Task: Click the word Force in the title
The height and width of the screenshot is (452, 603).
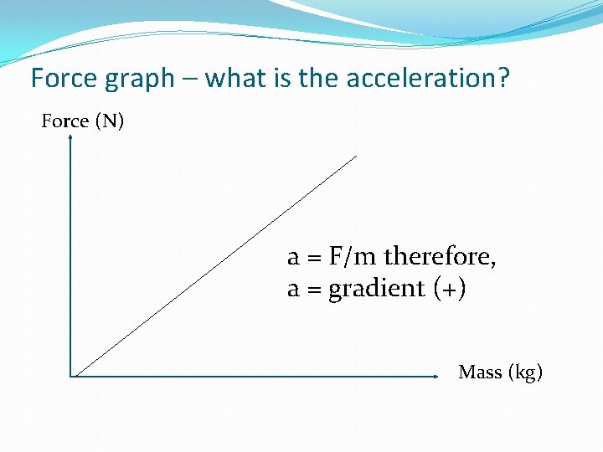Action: (64, 79)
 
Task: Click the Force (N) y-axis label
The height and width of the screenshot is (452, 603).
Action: (83, 121)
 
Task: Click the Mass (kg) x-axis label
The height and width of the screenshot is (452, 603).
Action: (500, 372)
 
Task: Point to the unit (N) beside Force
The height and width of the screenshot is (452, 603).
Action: (109, 121)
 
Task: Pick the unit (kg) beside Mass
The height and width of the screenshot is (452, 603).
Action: (525, 373)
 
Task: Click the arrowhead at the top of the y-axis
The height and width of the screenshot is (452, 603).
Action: (70, 139)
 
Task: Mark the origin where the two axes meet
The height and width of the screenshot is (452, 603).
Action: (71, 377)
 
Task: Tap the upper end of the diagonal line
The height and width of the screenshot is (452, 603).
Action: (356, 156)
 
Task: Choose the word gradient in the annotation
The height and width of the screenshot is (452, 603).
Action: (377, 290)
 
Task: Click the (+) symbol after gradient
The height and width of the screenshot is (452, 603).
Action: (451, 289)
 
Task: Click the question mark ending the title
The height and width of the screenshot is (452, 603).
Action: (503, 79)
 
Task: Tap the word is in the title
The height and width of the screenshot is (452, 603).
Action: (277, 79)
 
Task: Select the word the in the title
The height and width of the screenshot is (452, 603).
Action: (311, 79)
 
